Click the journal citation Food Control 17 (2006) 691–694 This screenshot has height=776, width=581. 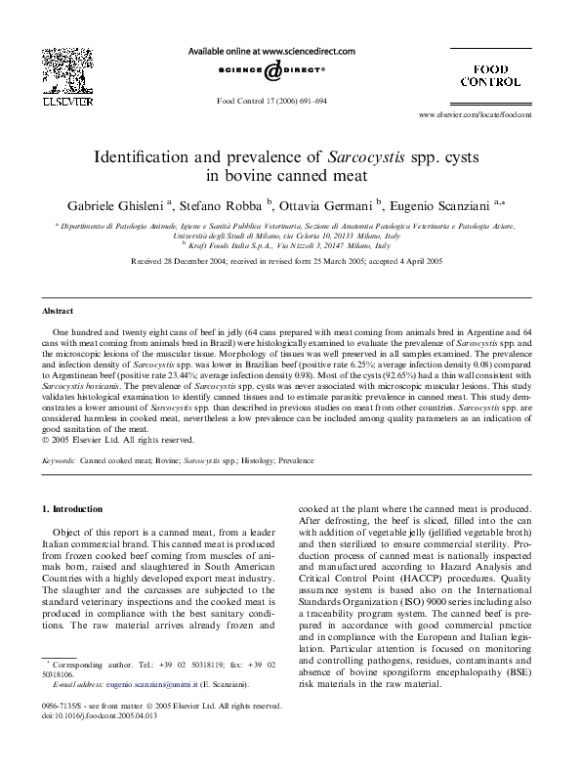point(270,101)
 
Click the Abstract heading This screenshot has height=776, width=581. point(59,310)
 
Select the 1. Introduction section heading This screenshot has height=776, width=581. point(75,509)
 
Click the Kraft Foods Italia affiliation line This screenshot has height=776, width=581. point(290,245)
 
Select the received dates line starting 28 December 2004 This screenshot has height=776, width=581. point(290,263)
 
